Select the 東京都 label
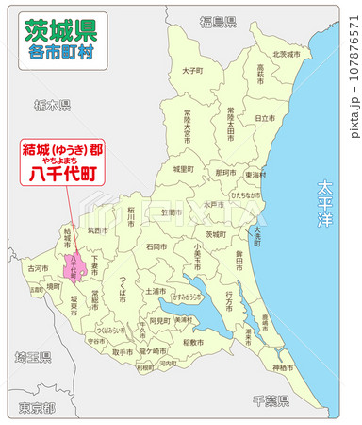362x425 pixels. [36, 407]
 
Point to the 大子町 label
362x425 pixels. [192, 70]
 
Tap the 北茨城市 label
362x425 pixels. [286, 54]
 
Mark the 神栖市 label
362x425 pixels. [282, 366]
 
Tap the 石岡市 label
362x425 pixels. [156, 246]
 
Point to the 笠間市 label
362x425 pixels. [170, 213]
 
